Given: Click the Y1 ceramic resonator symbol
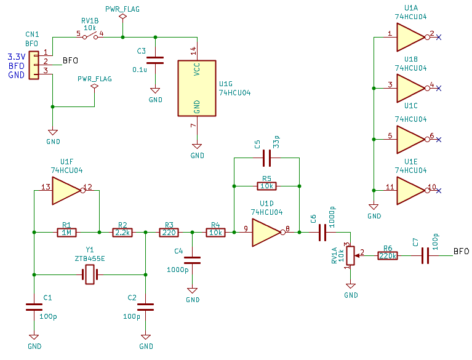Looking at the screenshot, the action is (90, 274).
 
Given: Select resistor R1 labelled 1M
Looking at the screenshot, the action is (66, 233).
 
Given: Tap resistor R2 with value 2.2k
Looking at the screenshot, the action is (122, 233).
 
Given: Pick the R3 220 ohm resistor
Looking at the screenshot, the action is (169, 233).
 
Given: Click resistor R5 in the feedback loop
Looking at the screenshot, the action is (266, 186).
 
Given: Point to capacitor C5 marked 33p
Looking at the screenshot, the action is (266, 158).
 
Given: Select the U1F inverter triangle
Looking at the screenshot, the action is (68, 191).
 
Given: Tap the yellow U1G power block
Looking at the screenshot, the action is (197, 88).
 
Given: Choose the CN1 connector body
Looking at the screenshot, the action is (34, 65).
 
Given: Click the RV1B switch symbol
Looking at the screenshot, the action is (90, 37).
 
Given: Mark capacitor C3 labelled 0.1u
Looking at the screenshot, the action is (155, 60).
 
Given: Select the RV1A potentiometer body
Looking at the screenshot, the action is (350, 255).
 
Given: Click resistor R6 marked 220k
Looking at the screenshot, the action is (388, 256).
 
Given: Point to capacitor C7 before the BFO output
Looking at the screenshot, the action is (425, 255).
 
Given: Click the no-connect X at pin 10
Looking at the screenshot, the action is (439, 191).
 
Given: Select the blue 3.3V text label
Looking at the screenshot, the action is (17, 57).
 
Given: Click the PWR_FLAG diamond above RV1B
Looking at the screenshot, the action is (122, 16).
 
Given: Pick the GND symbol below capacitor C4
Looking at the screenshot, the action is (193, 290).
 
